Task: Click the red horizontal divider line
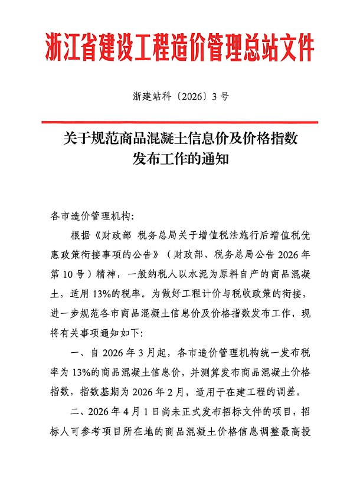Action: coord(180,122)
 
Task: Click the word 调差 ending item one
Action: coord(297,391)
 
